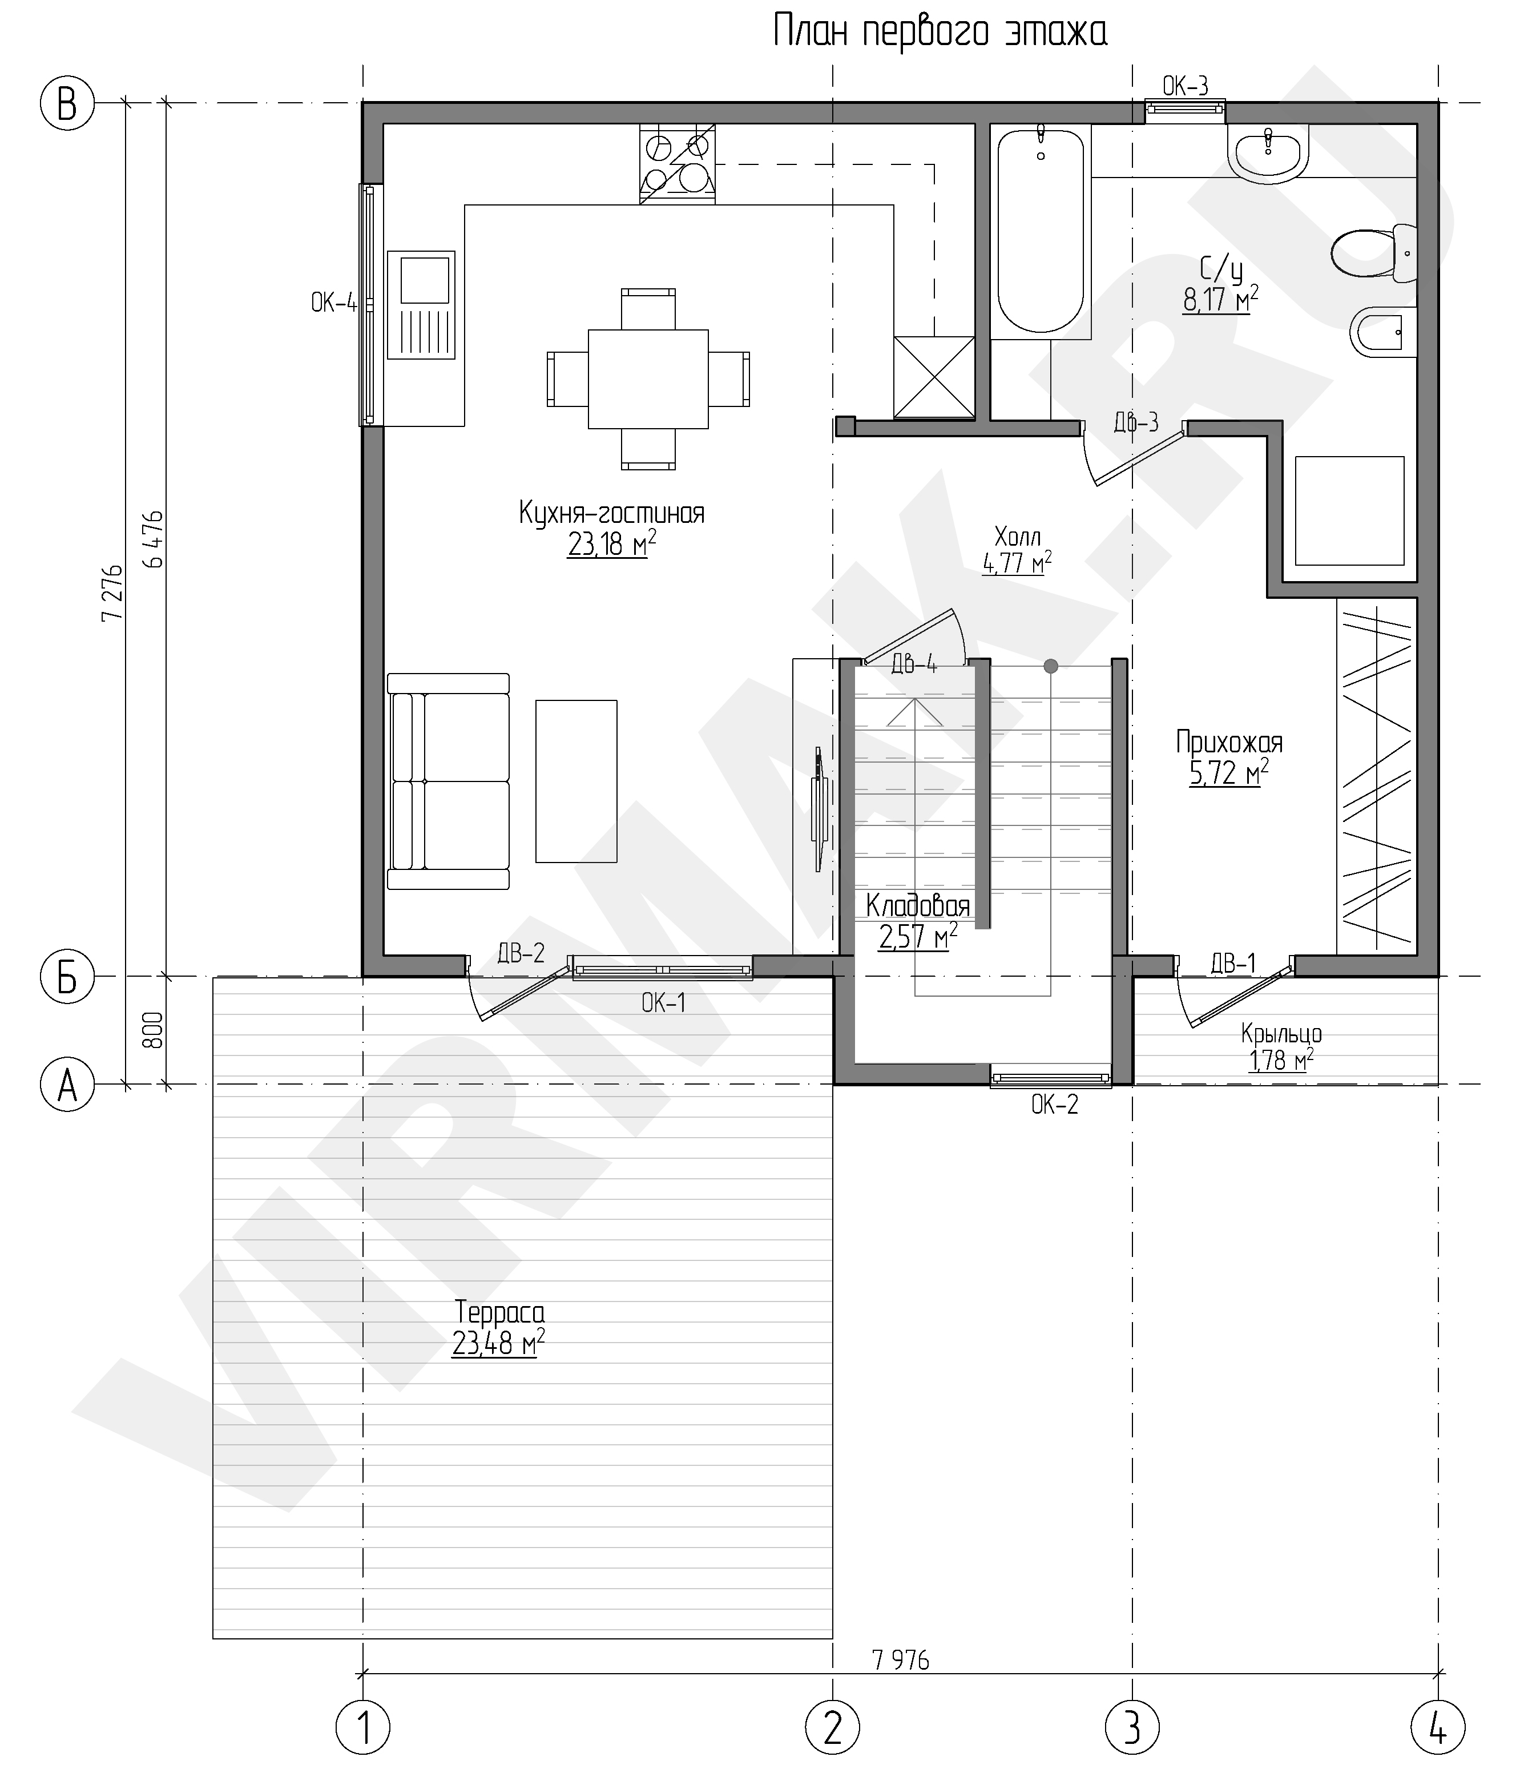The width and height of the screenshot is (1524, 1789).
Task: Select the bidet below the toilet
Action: pyautogui.click(x=1383, y=332)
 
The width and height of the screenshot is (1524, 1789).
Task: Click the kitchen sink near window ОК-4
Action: pyautogui.click(x=421, y=305)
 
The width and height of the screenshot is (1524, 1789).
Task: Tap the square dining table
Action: pyautogui.click(x=648, y=379)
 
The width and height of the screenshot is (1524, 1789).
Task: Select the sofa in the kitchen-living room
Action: pyautogui.click(x=448, y=781)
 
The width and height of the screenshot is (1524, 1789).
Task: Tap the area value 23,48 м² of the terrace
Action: pyautogui.click(x=498, y=1344)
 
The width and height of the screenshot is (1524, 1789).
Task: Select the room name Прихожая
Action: pyautogui.click(x=1229, y=743)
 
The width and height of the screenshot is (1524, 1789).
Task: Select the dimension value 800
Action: pyautogui.click(x=152, y=1030)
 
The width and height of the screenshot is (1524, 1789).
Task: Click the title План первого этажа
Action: pyautogui.click(x=940, y=33)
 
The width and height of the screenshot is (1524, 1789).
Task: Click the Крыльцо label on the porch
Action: pyautogui.click(x=1281, y=1034)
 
